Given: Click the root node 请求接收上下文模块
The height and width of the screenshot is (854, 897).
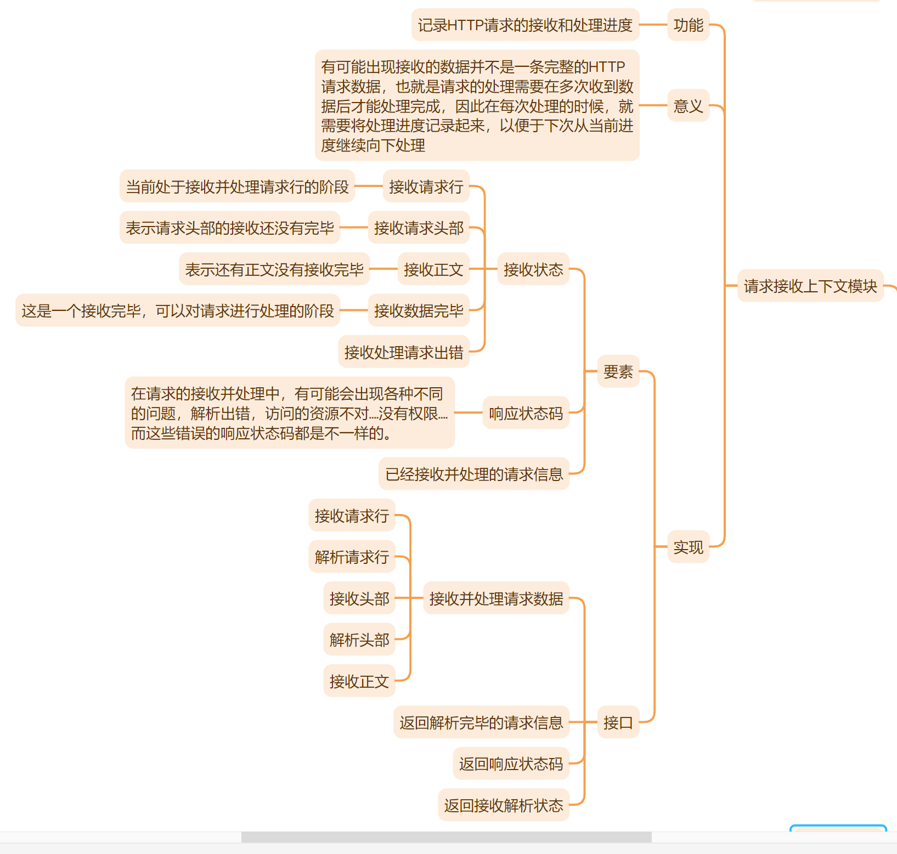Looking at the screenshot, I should (810, 286).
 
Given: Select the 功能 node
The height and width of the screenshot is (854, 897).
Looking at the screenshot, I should (688, 25).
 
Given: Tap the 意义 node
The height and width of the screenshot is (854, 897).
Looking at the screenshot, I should (688, 106).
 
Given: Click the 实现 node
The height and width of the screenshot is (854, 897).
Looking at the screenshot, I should (688, 547).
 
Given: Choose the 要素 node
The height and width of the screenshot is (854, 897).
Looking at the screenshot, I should (618, 372).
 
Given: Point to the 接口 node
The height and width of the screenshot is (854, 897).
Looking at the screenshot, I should (618, 722).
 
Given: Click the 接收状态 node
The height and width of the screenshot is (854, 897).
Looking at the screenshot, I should (533, 269).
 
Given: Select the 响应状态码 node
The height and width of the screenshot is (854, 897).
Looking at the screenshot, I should (526, 413).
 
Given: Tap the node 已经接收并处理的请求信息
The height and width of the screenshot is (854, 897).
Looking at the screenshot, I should (474, 474).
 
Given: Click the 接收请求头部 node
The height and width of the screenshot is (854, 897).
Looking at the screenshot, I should (419, 228).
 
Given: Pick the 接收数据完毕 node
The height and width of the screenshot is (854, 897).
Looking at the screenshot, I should (419, 311).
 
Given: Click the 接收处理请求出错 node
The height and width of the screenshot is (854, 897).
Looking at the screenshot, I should (404, 352).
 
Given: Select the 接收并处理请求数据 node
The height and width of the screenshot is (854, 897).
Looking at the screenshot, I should (496, 598).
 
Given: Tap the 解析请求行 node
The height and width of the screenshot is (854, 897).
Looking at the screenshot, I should (352, 557).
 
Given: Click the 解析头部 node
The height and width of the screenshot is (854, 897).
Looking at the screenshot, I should (359, 640).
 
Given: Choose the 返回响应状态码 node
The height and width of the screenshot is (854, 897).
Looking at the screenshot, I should (511, 763).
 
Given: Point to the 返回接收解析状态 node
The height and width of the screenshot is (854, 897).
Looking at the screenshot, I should (504, 805).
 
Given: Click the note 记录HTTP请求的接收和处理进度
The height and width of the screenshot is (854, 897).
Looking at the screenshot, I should (525, 25).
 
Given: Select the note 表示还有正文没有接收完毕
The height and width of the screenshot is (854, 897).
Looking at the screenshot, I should (274, 269).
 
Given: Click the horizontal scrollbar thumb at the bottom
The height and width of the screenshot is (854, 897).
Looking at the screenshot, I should (446, 837).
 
